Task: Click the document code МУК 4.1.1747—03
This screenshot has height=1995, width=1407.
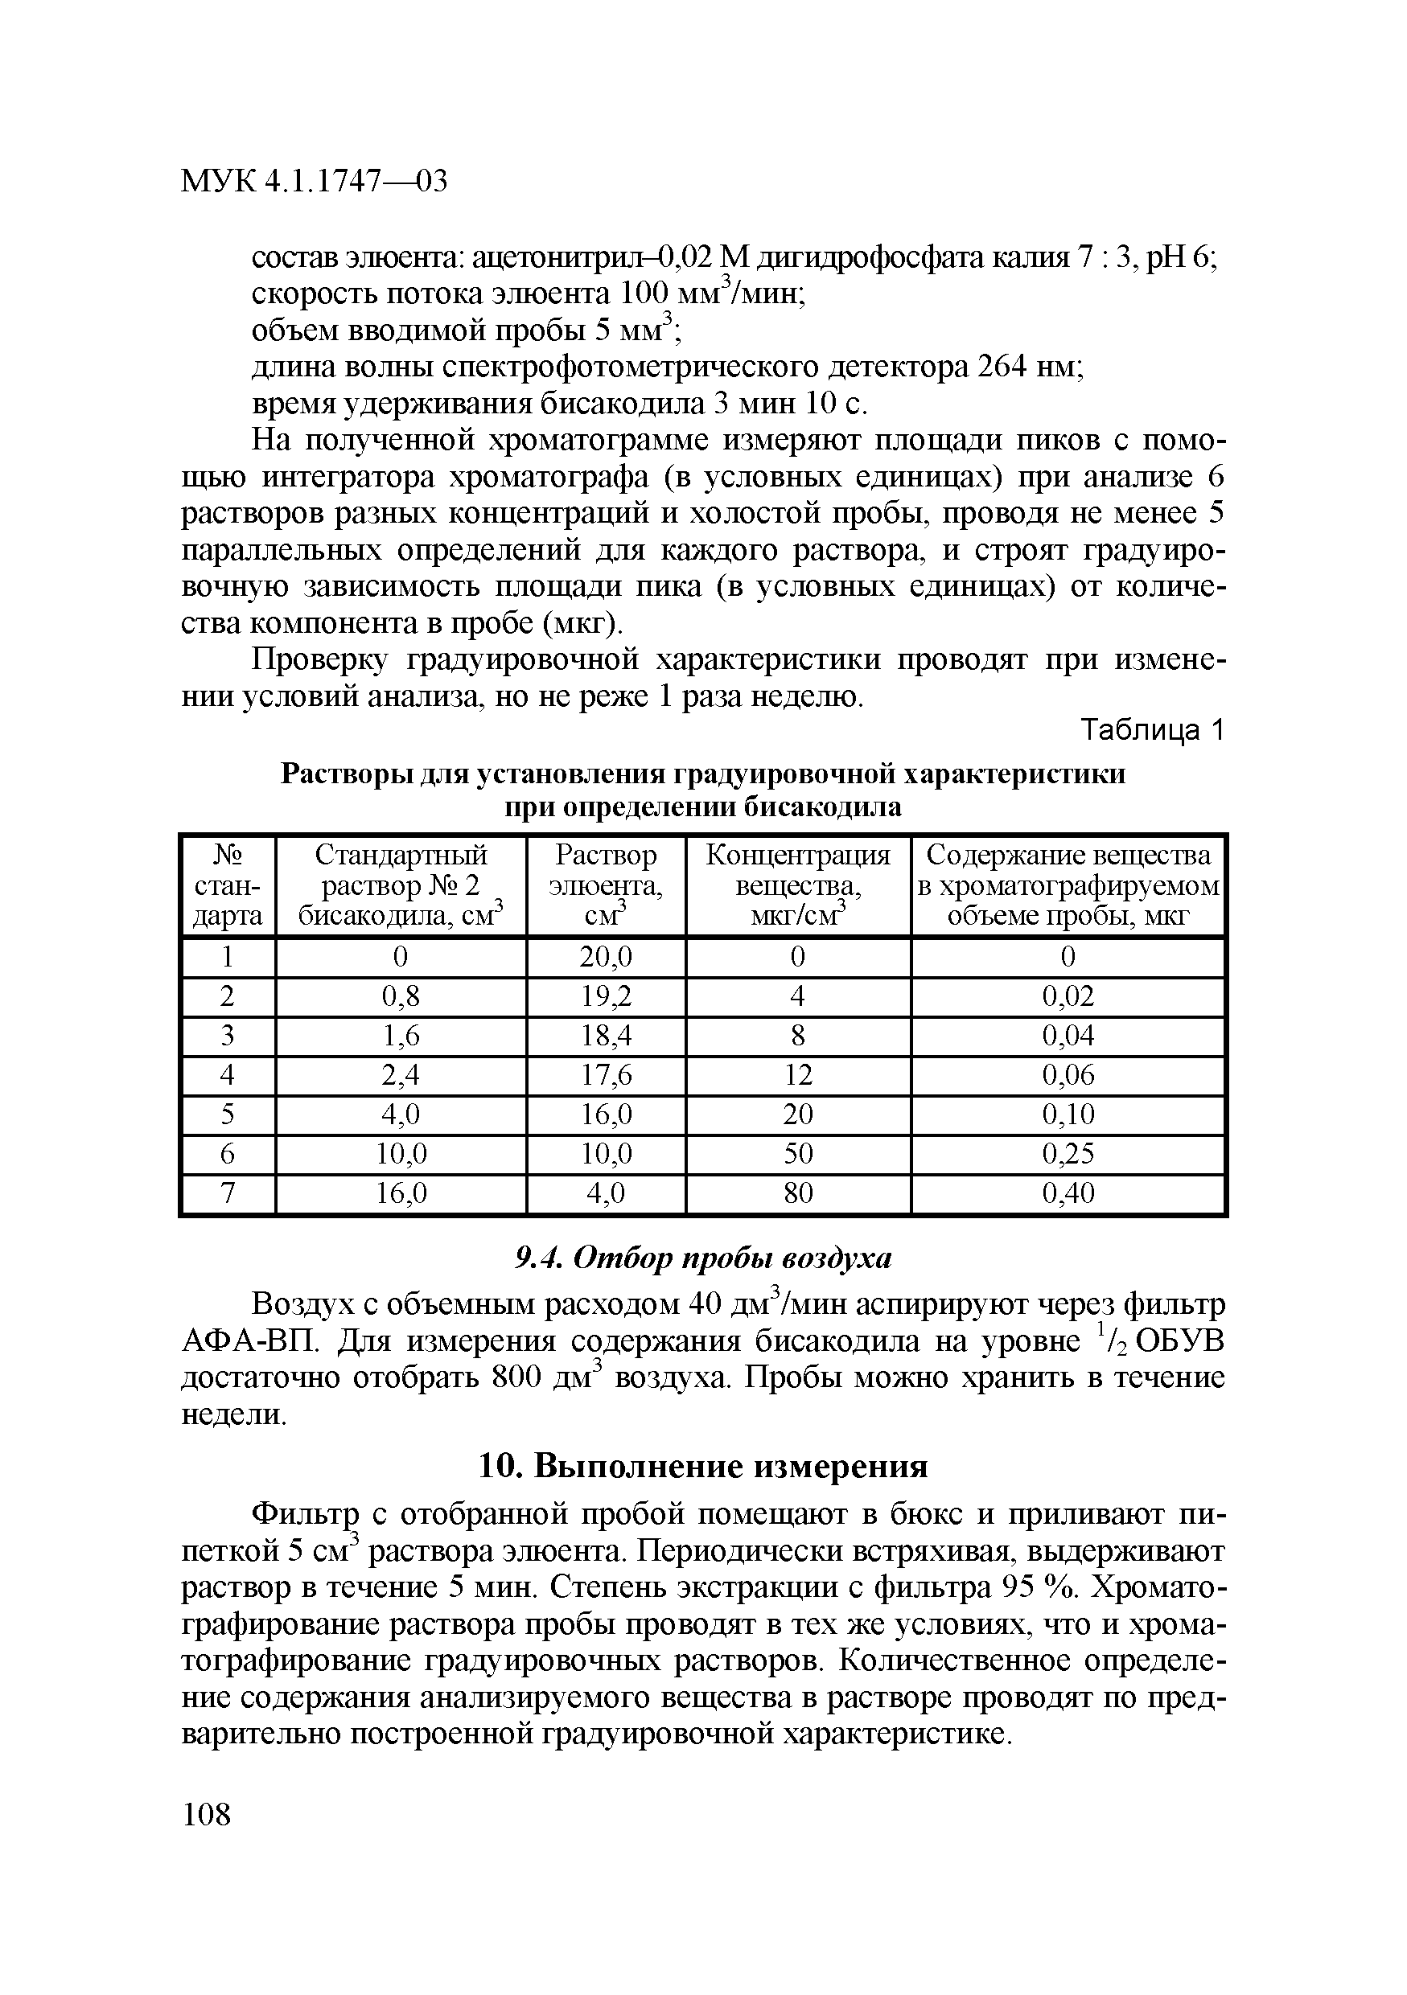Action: (x=314, y=182)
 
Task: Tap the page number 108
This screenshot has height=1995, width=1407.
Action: (x=207, y=1814)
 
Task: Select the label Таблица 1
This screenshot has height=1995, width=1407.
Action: (x=1151, y=731)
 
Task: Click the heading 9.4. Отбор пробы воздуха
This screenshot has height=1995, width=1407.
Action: (x=703, y=1258)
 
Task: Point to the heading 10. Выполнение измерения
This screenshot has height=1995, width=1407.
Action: (x=703, y=1467)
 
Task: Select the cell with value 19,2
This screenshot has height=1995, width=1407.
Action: (x=606, y=995)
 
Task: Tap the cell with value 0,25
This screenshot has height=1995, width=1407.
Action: (x=1068, y=1154)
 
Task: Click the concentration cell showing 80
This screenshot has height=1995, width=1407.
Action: (x=798, y=1193)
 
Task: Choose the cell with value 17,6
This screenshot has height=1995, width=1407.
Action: (x=606, y=1075)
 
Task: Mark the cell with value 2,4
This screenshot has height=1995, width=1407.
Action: (x=401, y=1075)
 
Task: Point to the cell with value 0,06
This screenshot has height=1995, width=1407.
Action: (x=1068, y=1075)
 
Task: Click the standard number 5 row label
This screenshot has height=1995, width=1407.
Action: (x=228, y=1114)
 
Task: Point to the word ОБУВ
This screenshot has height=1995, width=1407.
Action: (x=1180, y=1341)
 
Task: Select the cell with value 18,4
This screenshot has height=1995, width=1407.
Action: (x=606, y=1036)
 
